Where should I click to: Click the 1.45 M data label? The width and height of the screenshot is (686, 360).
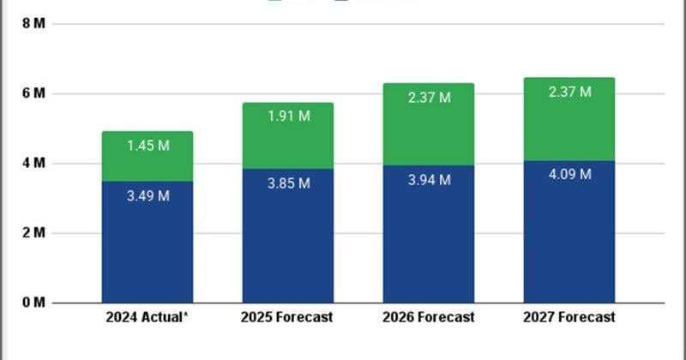147,146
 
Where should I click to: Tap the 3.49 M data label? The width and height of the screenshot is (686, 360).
147,195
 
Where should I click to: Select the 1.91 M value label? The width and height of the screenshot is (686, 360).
287,117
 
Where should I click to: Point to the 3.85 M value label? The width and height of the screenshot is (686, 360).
287,183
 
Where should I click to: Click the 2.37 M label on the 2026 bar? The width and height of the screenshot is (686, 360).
428,98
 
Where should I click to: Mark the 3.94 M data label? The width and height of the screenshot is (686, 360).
428,179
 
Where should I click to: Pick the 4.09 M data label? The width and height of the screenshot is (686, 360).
569,175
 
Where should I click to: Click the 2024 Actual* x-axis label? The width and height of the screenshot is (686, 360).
147,317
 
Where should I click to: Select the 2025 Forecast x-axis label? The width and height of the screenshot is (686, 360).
287,317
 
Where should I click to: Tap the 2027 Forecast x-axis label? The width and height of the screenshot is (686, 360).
569,317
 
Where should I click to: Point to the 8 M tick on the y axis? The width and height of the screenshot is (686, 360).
34,23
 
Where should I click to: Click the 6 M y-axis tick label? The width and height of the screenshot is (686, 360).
34,93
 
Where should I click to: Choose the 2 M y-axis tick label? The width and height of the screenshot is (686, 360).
34,233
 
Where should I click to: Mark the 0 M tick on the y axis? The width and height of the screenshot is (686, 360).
34,303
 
